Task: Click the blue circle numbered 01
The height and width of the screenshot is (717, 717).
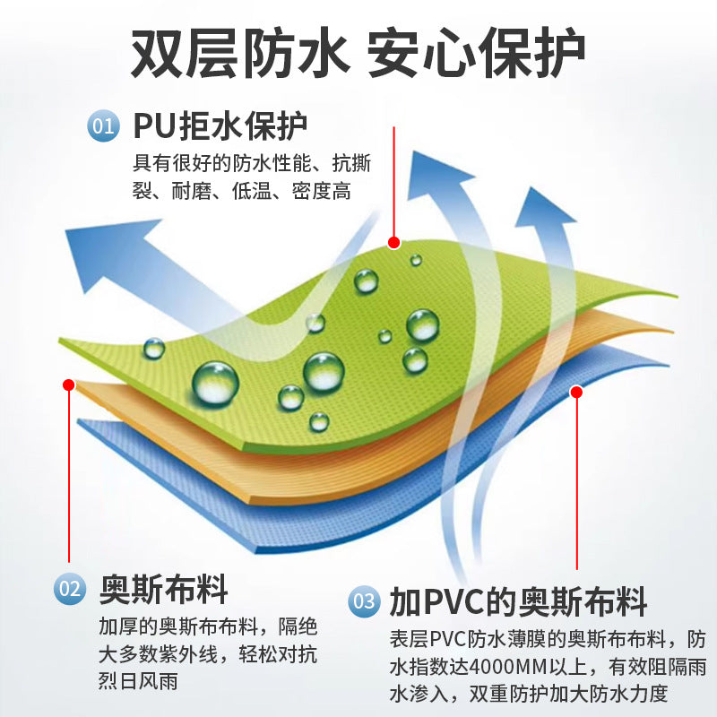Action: pos(103,125)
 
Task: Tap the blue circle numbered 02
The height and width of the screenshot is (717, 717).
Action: pos(70,589)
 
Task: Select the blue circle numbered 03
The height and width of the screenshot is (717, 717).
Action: pos(364,600)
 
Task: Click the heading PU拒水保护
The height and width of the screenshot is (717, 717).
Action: pos(220,125)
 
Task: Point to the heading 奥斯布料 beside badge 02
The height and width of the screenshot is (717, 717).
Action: pos(164,590)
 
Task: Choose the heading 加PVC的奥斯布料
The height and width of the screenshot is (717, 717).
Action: pos(518,601)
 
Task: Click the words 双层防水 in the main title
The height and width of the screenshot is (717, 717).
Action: pos(238,53)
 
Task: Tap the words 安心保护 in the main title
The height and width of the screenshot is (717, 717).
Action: pos(477,53)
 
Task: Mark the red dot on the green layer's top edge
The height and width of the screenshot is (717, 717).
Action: pos(393,242)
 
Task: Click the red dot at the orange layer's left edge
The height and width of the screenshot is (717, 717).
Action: pos(69,385)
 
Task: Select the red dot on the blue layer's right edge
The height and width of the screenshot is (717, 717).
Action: pos(576,392)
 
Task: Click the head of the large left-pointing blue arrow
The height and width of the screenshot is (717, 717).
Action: pos(109,251)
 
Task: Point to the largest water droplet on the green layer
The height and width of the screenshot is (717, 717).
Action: pos(215,384)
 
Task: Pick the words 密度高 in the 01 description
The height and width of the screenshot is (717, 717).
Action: pos(322,191)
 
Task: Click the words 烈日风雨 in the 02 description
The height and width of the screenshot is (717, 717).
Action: pos(138,681)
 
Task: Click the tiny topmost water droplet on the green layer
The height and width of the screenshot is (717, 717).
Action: pos(416,260)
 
